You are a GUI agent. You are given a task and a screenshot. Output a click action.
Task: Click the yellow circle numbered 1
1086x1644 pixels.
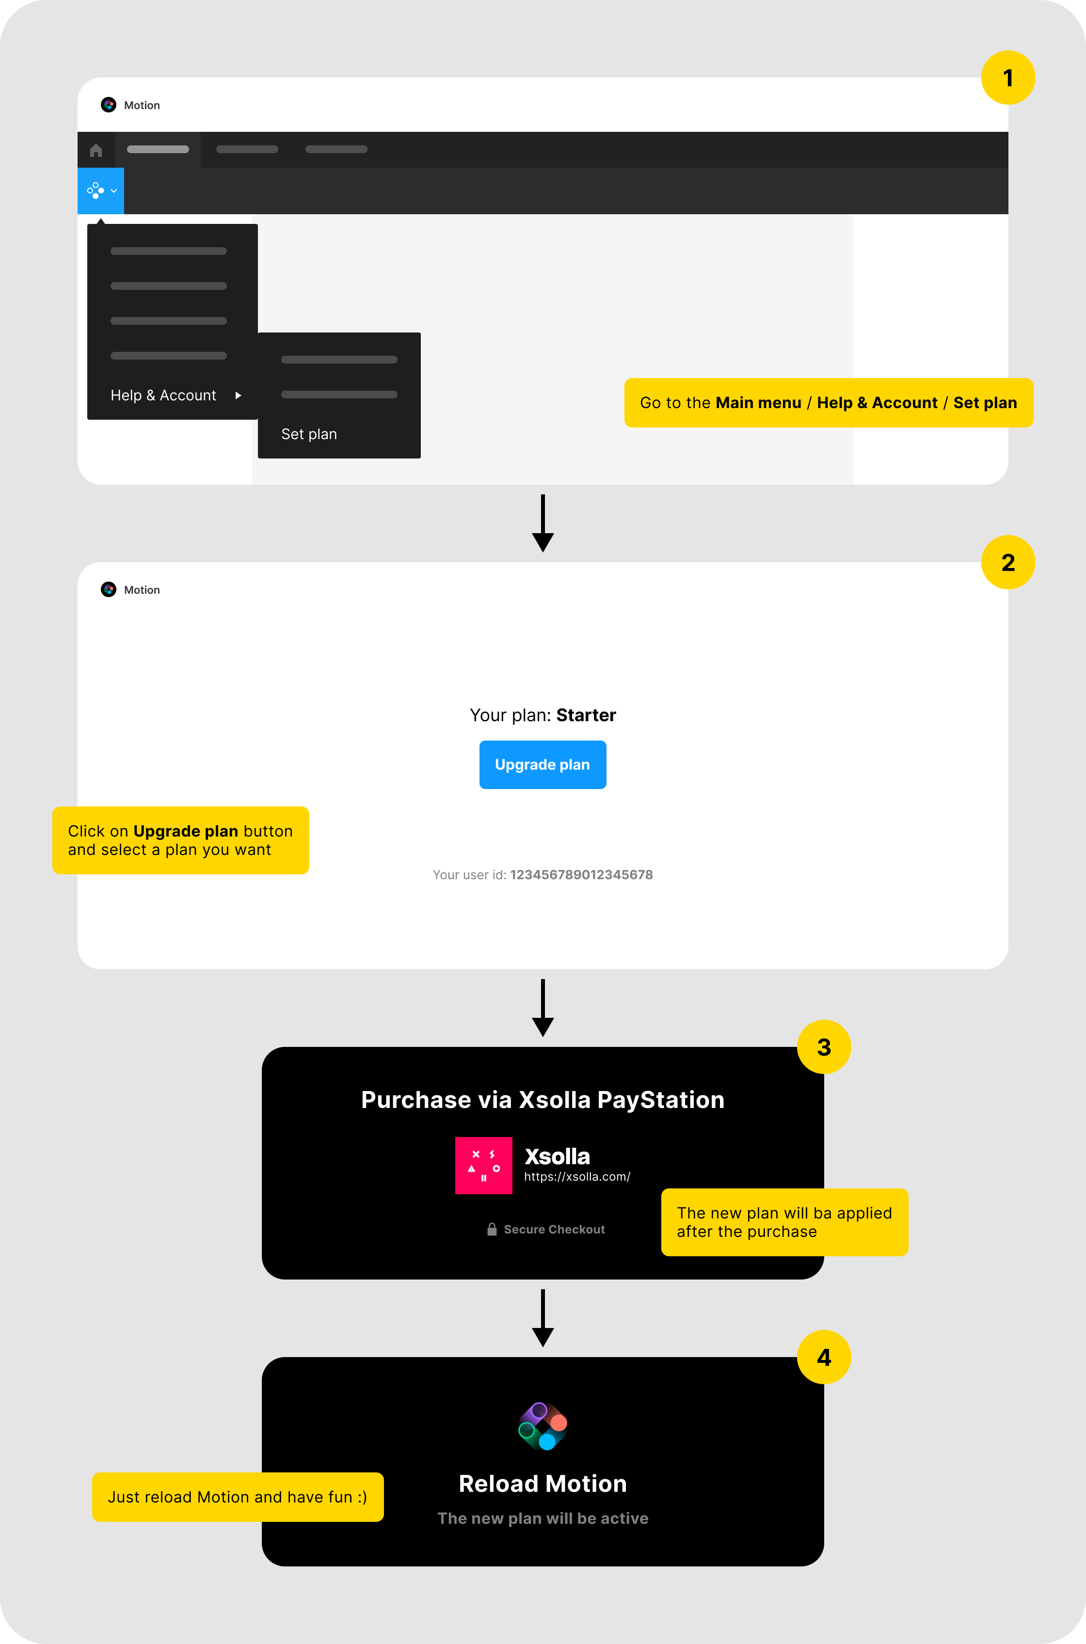pyautogui.click(x=1008, y=78)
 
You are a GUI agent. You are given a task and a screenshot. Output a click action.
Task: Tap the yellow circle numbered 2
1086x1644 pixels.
pyautogui.click(x=1008, y=562)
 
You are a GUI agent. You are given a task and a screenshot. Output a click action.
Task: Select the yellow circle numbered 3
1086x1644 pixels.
pyautogui.click(x=824, y=1046)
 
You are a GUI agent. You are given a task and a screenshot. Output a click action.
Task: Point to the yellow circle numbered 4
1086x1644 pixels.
pyautogui.click(x=824, y=1357)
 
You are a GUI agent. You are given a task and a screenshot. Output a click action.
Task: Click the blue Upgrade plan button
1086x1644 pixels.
pyautogui.click(x=543, y=764)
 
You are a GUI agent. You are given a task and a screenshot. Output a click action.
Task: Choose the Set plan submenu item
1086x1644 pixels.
pyautogui.click(x=309, y=434)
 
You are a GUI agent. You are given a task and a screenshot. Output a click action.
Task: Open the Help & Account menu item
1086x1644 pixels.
pyautogui.click(x=163, y=395)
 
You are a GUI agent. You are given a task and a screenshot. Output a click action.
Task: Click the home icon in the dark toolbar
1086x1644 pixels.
pyautogui.click(x=96, y=150)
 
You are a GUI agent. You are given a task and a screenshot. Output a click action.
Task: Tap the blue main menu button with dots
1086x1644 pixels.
pyautogui.click(x=100, y=190)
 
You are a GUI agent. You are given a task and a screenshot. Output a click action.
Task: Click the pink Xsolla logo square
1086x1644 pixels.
pyautogui.click(x=483, y=1165)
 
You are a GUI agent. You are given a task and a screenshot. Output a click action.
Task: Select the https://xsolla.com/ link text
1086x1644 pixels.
pyautogui.click(x=577, y=1177)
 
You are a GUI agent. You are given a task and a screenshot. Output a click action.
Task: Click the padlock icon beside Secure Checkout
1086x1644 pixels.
pyautogui.click(x=492, y=1230)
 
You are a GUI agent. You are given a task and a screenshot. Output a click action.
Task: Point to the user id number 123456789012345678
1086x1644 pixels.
pyautogui.click(x=581, y=874)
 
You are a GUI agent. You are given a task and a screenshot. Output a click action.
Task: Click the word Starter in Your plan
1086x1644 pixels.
pyautogui.click(x=586, y=715)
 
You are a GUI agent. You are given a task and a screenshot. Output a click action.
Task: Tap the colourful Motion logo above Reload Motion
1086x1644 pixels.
pyautogui.click(x=543, y=1426)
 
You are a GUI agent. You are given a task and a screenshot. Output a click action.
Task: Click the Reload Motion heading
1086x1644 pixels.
pyautogui.click(x=543, y=1484)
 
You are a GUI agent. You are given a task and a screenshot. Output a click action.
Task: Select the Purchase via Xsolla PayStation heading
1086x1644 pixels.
pyautogui.click(x=543, y=1100)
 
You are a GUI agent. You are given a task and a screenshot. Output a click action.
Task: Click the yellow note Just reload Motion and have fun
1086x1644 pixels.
pyautogui.click(x=238, y=1497)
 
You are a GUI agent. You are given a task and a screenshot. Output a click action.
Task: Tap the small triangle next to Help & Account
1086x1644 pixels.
pyautogui.click(x=238, y=395)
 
